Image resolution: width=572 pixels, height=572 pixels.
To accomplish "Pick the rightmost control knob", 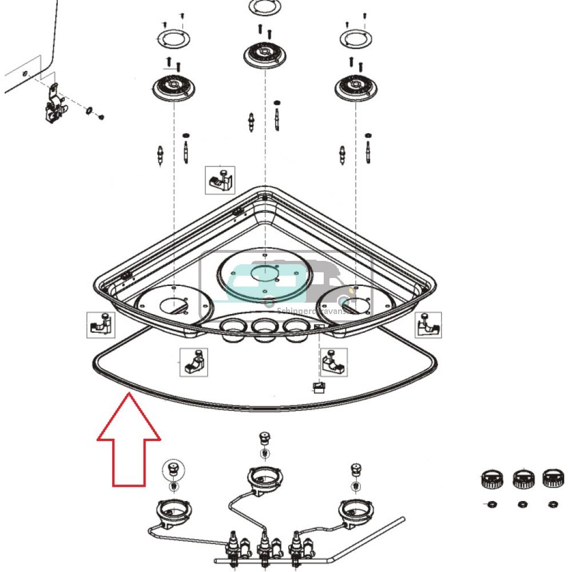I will click(x=553, y=477).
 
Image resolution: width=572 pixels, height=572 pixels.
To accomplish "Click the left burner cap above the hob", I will click(x=173, y=89).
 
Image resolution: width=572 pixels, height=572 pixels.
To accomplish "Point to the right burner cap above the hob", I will click(x=356, y=89).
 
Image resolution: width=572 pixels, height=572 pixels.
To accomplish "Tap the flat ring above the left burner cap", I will click(x=173, y=39).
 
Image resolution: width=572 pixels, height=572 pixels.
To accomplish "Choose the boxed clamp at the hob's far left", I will click(x=101, y=325).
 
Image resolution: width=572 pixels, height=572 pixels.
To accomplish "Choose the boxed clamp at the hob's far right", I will click(x=428, y=325).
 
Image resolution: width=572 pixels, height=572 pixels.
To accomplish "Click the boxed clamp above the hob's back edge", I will click(x=220, y=180).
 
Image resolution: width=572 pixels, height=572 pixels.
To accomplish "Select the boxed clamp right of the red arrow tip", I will click(x=194, y=362).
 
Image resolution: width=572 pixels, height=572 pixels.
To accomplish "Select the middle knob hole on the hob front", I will click(x=264, y=328).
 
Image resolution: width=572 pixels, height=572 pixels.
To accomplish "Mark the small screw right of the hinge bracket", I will click(x=101, y=117).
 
